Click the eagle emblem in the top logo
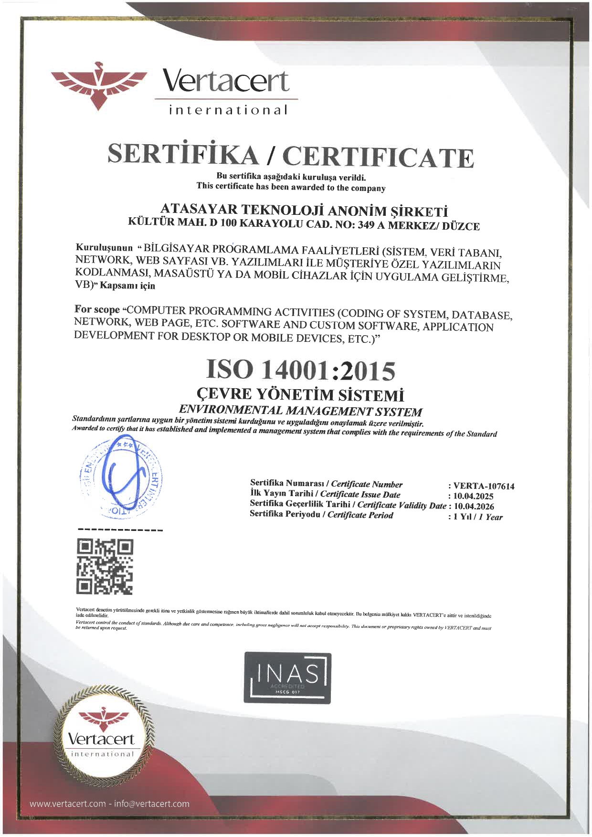tap(99, 85)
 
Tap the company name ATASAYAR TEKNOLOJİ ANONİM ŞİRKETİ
tap(304, 210)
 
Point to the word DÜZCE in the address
tap(460, 226)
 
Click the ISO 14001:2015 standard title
tap(301, 370)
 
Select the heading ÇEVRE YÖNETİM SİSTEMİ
tap(300, 394)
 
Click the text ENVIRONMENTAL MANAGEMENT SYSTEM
tap(300, 410)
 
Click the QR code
tap(105, 567)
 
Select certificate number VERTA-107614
tap(484, 486)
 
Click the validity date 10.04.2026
tap(474, 506)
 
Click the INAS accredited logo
tap(287, 678)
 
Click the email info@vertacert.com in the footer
tap(152, 804)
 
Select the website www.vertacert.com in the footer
tap(68, 804)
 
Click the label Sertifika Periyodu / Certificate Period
tap(321, 515)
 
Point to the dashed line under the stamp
tap(120, 530)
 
